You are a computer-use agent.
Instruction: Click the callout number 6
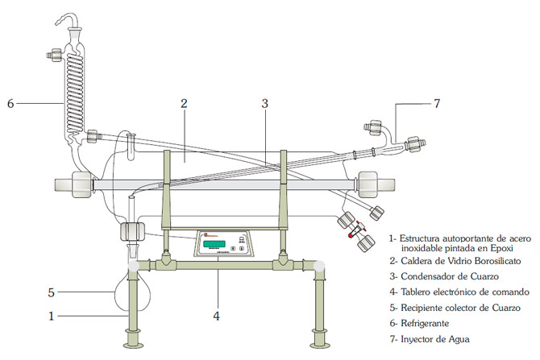click(x=10, y=103)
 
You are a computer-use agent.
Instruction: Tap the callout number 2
click(x=184, y=103)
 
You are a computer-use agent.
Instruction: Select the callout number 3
click(x=264, y=103)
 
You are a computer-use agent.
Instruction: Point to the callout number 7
click(x=436, y=103)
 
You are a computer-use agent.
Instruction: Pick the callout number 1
click(x=51, y=316)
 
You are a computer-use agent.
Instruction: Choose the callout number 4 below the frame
click(x=216, y=316)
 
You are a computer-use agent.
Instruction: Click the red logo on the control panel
click(x=206, y=235)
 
